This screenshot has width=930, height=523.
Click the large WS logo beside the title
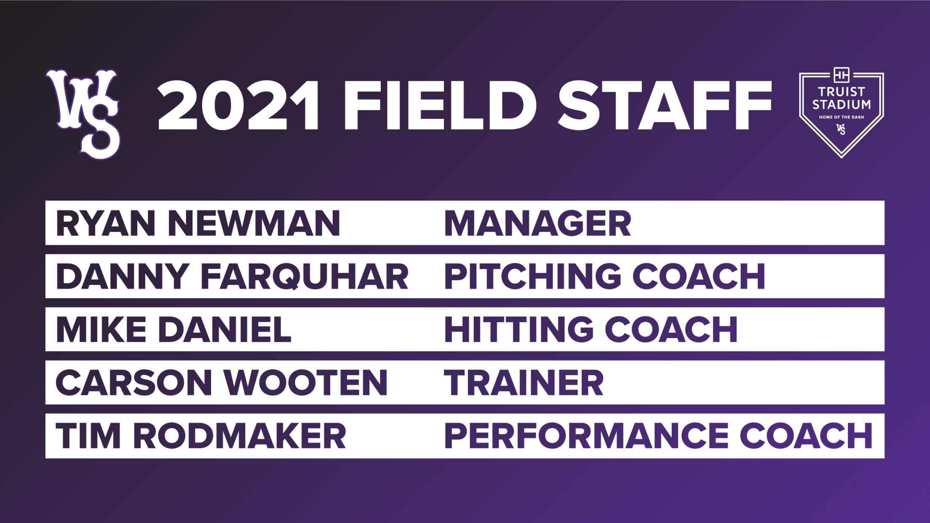click(84, 114)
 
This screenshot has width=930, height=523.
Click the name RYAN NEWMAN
click(198, 223)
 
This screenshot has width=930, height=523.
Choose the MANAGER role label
click(538, 223)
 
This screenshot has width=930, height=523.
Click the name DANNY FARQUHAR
click(232, 277)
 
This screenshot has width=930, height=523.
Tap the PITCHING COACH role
click(605, 276)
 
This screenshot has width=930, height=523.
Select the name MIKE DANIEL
click(174, 330)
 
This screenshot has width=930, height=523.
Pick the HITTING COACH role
click(591, 330)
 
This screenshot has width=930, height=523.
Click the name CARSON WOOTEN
click(222, 383)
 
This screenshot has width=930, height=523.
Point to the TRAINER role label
click(524, 383)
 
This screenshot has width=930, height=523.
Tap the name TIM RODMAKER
click(201, 436)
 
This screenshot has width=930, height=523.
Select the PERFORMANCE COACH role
click(658, 436)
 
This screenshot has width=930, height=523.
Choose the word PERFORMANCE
click(586, 436)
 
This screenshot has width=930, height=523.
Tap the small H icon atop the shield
click(841, 75)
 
